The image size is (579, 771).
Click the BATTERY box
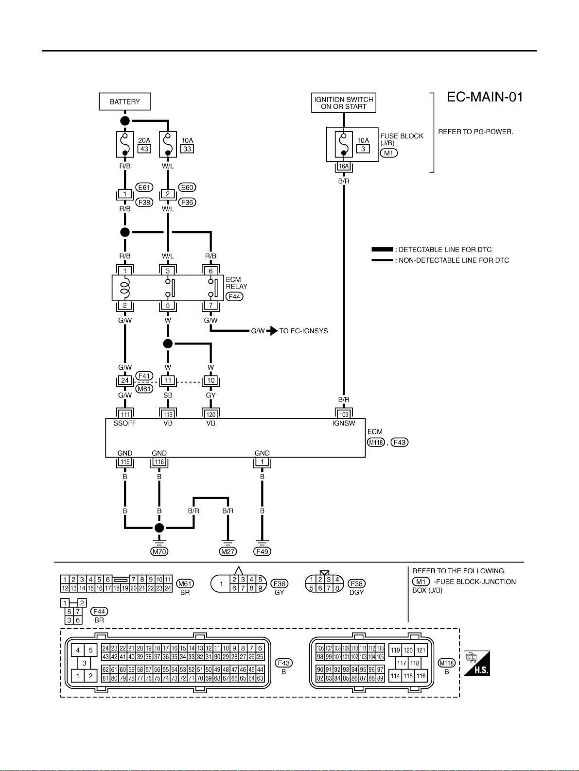pos(125,102)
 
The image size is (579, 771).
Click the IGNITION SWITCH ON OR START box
pos(343,103)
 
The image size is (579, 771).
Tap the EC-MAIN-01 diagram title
pos(485,97)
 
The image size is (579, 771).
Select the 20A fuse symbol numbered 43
pos(125,144)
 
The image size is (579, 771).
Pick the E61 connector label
pos(144,188)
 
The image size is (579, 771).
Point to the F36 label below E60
pos(187,202)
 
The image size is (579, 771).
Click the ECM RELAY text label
pos(236,283)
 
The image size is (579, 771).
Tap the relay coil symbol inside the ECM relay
pos(125,288)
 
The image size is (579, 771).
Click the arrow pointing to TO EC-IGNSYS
pos(272,331)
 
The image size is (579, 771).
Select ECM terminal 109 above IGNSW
pos(344,414)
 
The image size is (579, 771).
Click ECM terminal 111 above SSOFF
pos(125,414)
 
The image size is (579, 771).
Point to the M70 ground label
pos(159,551)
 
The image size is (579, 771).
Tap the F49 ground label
pos(262,551)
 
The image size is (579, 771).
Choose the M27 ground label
pos(228,551)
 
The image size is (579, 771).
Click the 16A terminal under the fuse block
pos(344,167)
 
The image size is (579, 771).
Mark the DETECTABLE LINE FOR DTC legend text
pos(445,250)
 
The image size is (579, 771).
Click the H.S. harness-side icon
pos(477,663)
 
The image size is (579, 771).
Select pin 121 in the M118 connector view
pos(421,650)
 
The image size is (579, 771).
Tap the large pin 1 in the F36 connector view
pos(221,584)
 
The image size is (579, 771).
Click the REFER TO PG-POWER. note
pos(475,132)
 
